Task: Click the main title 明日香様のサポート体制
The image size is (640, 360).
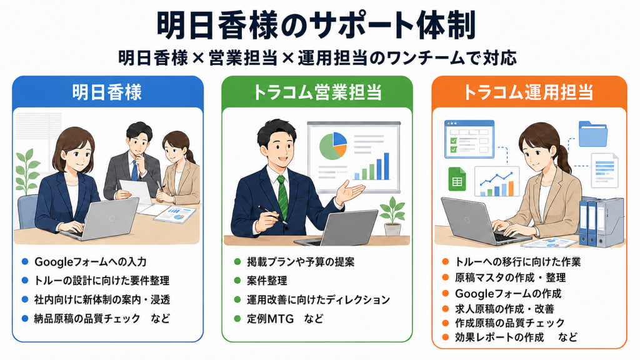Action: [316, 25]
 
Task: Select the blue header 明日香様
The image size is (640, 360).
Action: [107, 92]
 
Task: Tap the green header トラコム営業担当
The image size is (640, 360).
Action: [317, 92]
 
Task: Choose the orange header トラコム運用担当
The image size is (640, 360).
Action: [528, 92]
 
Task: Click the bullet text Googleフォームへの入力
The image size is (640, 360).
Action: [91, 262]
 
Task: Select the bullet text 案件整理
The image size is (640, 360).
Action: [267, 281]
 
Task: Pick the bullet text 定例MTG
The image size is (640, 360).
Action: [270, 318]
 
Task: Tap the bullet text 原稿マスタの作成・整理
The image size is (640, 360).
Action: [510, 277]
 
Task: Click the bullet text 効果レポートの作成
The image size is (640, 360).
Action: [499, 337]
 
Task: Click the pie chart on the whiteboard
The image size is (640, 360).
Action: [333, 146]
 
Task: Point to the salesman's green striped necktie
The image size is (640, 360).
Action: [283, 197]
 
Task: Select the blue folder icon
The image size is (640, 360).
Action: [593, 134]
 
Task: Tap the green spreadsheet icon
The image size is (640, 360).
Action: [457, 179]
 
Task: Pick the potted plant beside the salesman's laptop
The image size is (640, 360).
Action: [392, 216]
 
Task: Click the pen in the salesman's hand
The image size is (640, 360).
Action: [273, 215]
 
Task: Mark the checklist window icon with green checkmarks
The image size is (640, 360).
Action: [469, 139]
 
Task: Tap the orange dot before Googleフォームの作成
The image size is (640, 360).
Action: [446, 293]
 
